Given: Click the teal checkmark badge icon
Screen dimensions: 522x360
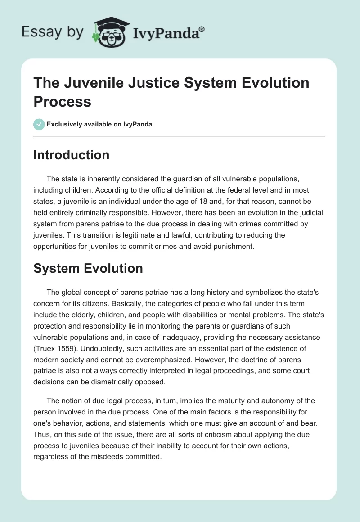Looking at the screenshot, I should (x=39, y=124).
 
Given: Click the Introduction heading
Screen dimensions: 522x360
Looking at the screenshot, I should (x=71, y=155).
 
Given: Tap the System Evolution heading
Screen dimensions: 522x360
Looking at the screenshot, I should (x=88, y=268).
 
